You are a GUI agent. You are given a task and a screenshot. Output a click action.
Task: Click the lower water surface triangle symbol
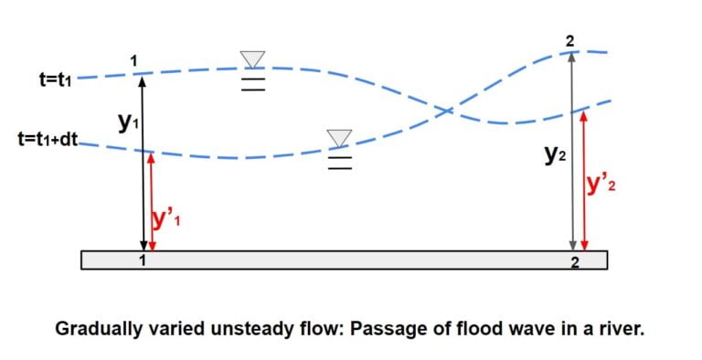point(340,138)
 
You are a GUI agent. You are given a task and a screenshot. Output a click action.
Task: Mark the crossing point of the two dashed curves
point(446,111)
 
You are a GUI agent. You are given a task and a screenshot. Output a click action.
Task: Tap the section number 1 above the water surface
point(134,60)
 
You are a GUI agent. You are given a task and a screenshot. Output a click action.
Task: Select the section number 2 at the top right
point(570,39)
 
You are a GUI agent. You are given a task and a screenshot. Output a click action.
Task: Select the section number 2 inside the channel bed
point(575,263)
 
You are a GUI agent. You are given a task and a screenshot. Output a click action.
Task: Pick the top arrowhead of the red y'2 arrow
point(584,115)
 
